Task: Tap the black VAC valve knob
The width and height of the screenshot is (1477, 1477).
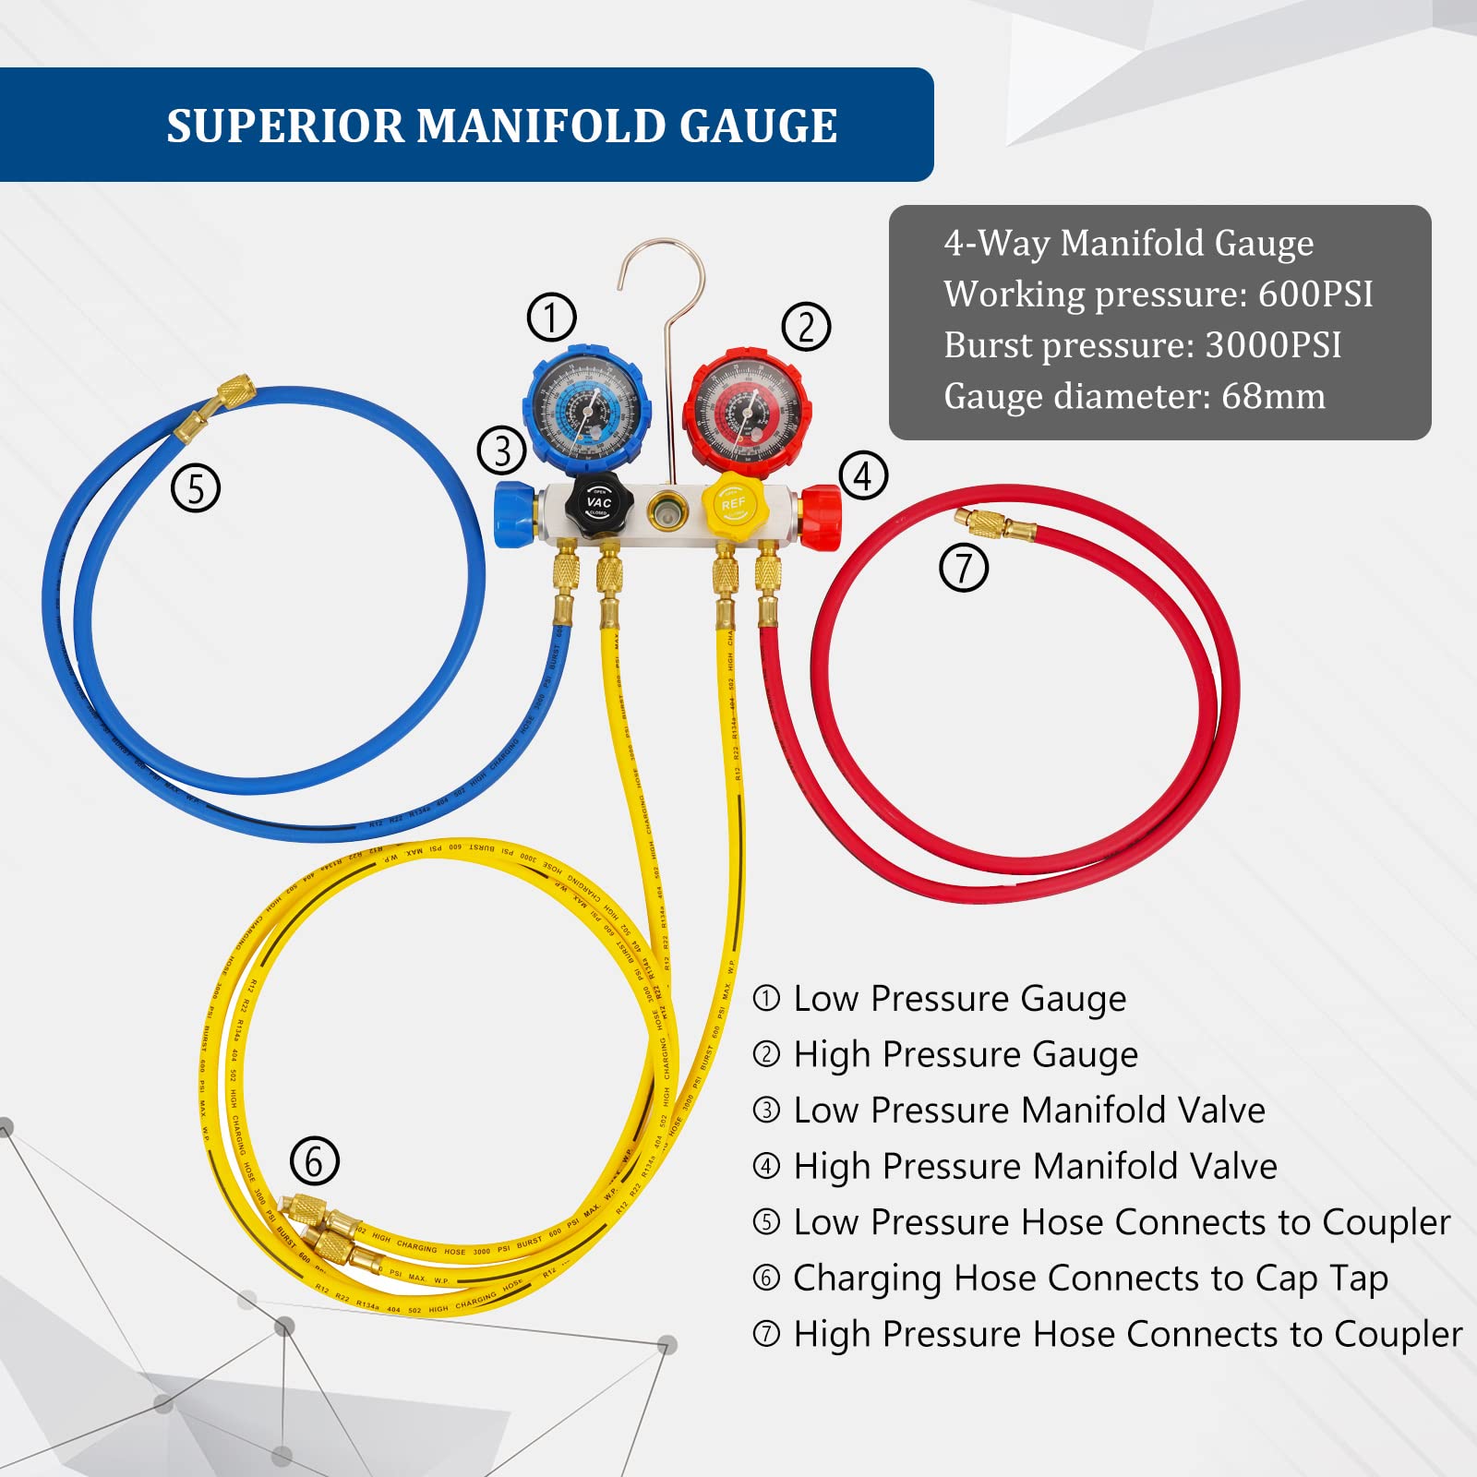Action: pos(598,503)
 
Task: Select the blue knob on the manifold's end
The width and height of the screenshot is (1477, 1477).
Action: pos(513,513)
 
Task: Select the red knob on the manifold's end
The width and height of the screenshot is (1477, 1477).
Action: pos(821,518)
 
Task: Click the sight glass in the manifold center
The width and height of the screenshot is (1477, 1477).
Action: pos(666,510)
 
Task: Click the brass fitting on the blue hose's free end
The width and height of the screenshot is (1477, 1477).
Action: pos(217,406)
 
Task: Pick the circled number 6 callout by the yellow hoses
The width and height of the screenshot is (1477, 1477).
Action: pos(315,1161)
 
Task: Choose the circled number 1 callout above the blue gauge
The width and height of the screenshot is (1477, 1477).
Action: pos(551,317)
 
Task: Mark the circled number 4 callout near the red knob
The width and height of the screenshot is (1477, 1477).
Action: pos(863,476)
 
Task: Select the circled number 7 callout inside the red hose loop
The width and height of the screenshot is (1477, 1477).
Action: pos(964,567)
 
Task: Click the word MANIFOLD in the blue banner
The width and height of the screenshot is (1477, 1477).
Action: pos(546,126)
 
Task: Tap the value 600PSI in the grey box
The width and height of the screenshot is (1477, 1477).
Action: pos(1315,294)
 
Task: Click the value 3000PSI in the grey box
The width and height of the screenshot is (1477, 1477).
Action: pos(1273,345)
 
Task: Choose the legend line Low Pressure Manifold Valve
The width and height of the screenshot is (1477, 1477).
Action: pos(1028,1111)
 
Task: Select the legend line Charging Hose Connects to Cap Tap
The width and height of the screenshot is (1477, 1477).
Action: pos(1089,1279)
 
